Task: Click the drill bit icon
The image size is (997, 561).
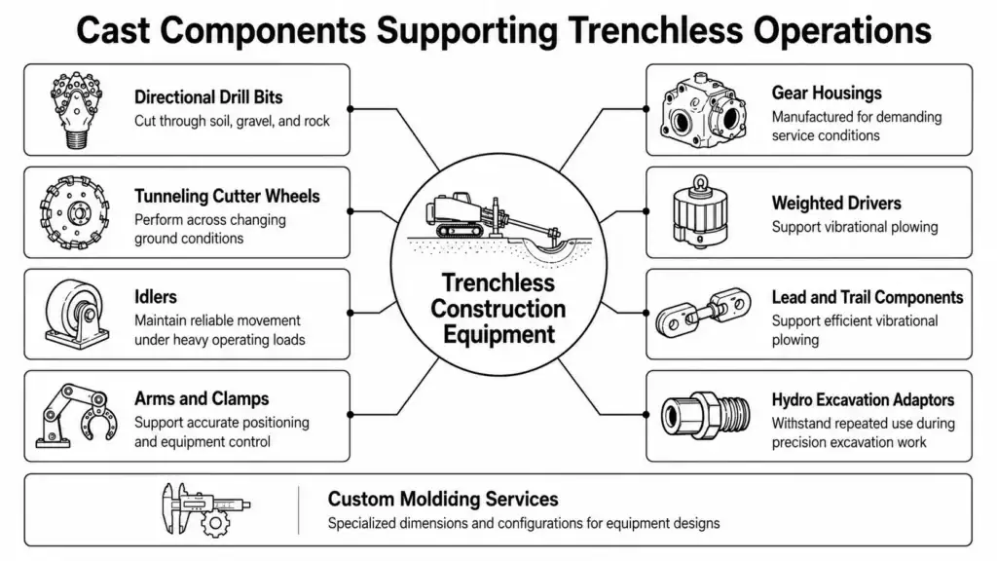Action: [x=76, y=109]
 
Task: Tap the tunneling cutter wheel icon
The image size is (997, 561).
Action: [x=74, y=212]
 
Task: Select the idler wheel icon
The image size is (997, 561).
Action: [x=76, y=315]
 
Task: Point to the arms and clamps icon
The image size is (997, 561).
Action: [x=76, y=415]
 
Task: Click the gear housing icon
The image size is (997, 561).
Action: [x=703, y=110]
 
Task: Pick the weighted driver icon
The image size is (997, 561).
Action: [x=700, y=211]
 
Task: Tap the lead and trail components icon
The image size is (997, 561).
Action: [x=703, y=313]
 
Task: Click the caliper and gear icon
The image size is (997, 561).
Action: [x=205, y=509]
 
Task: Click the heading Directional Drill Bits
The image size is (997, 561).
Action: [x=208, y=97]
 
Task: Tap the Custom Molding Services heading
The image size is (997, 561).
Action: [x=443, y=499]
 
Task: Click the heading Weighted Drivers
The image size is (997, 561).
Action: [x=836, y=203]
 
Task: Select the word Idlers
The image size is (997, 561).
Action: [x=156, y=297]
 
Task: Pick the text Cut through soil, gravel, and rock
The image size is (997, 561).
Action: [x=232, y=121]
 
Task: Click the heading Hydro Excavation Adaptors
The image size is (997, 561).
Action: [x=863, y=399]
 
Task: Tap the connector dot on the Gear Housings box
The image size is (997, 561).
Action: [x=646, y=109]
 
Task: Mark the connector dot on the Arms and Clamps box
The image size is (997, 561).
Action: [x=350, y=415]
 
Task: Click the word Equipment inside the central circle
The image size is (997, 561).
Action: [x=499, y=335]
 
